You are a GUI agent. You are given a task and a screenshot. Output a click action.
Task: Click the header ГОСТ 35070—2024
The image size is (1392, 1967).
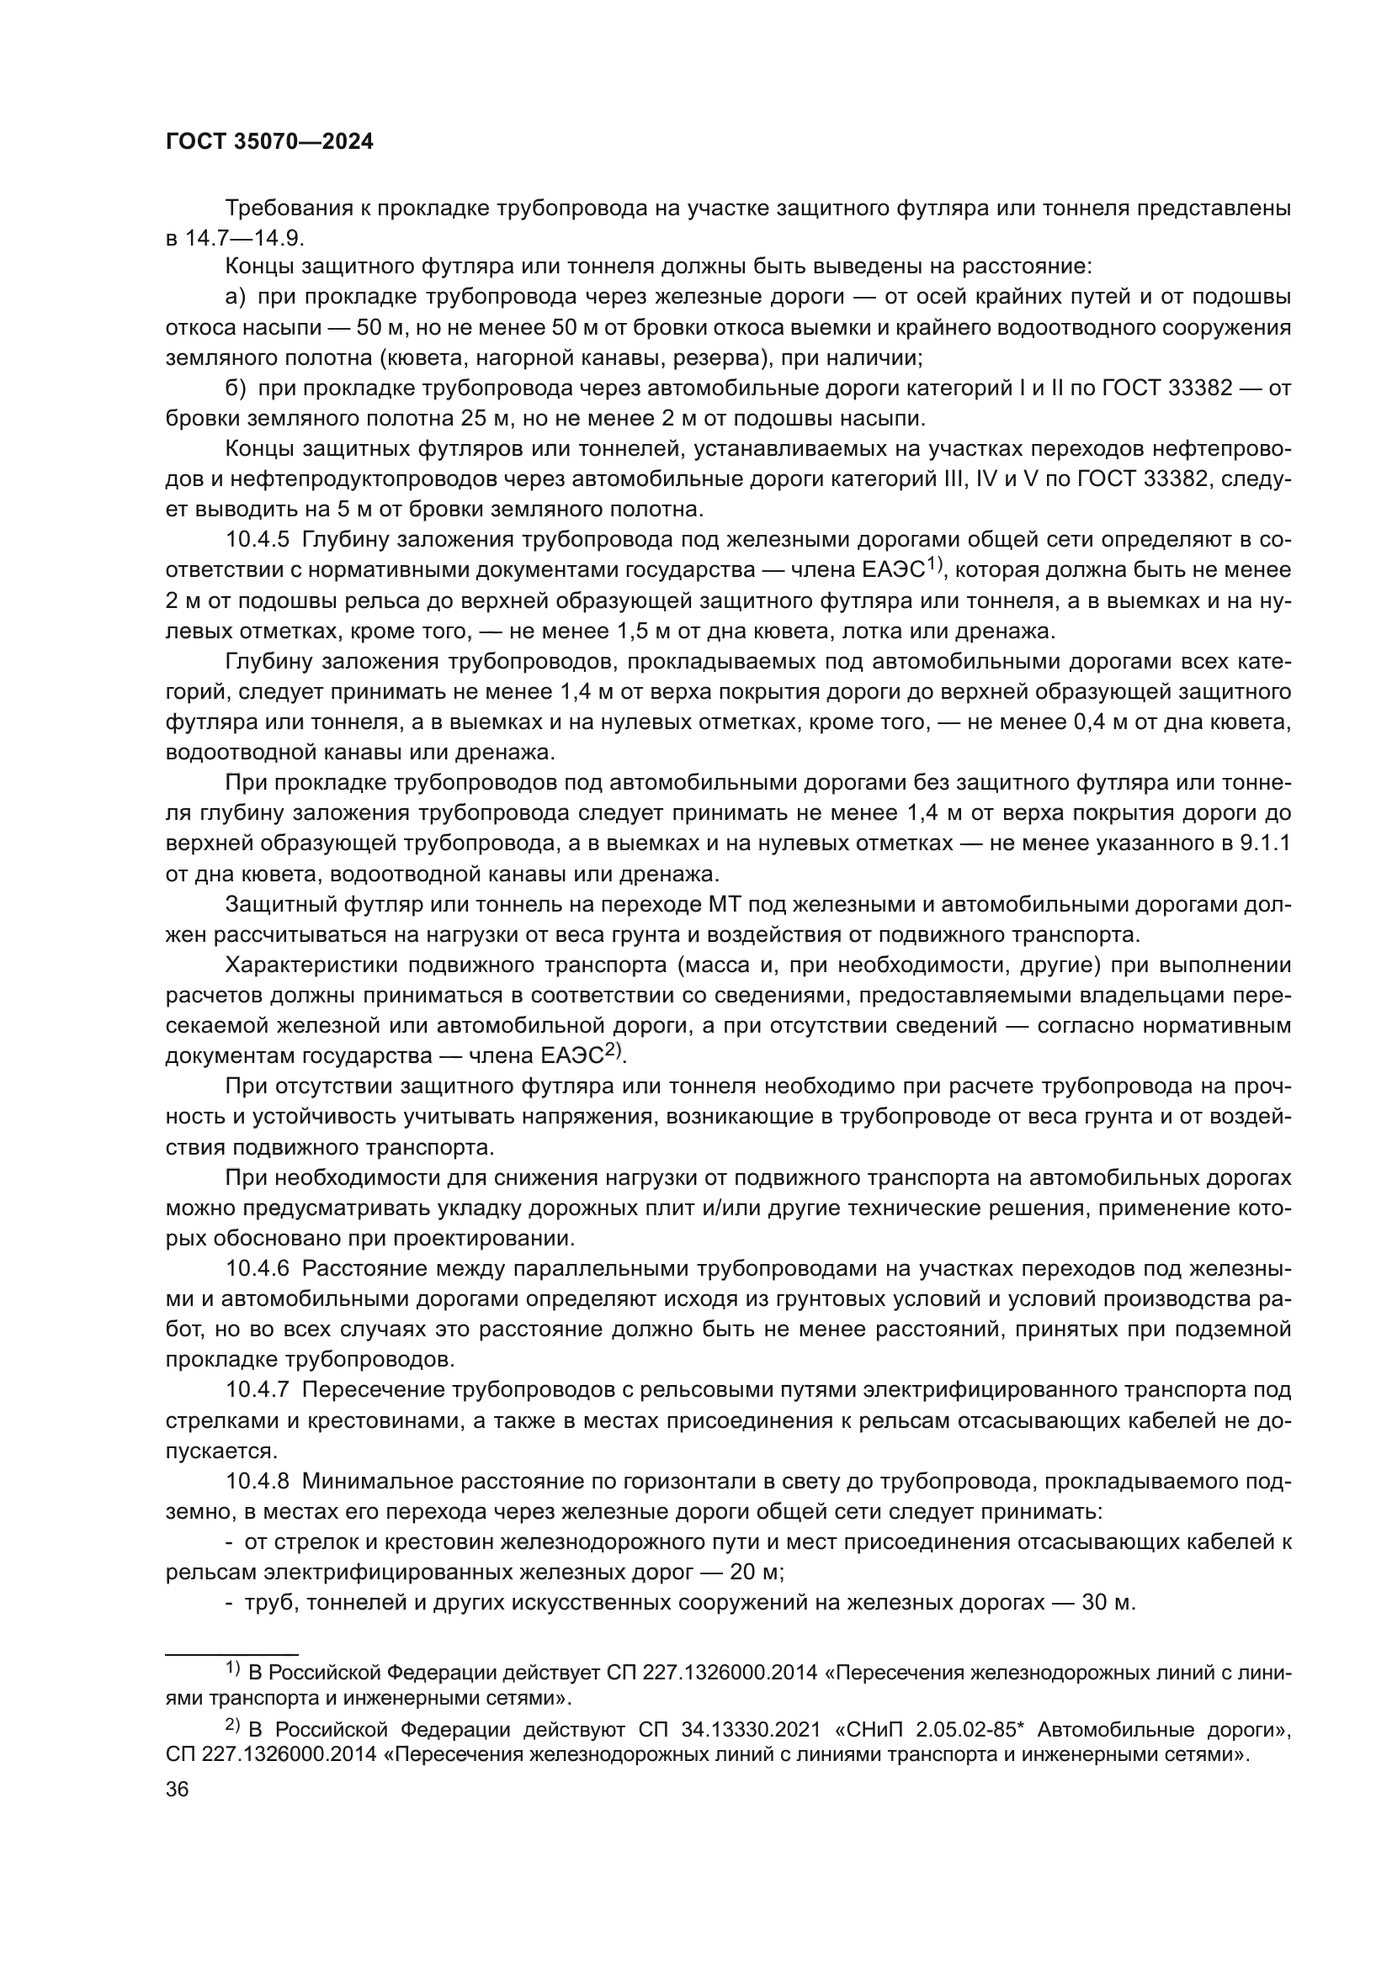pos(269,142)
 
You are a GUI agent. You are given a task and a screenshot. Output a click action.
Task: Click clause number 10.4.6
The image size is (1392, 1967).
pos(258,1269)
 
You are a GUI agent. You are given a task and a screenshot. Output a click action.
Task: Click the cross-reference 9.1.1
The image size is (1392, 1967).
pos(1265,843)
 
